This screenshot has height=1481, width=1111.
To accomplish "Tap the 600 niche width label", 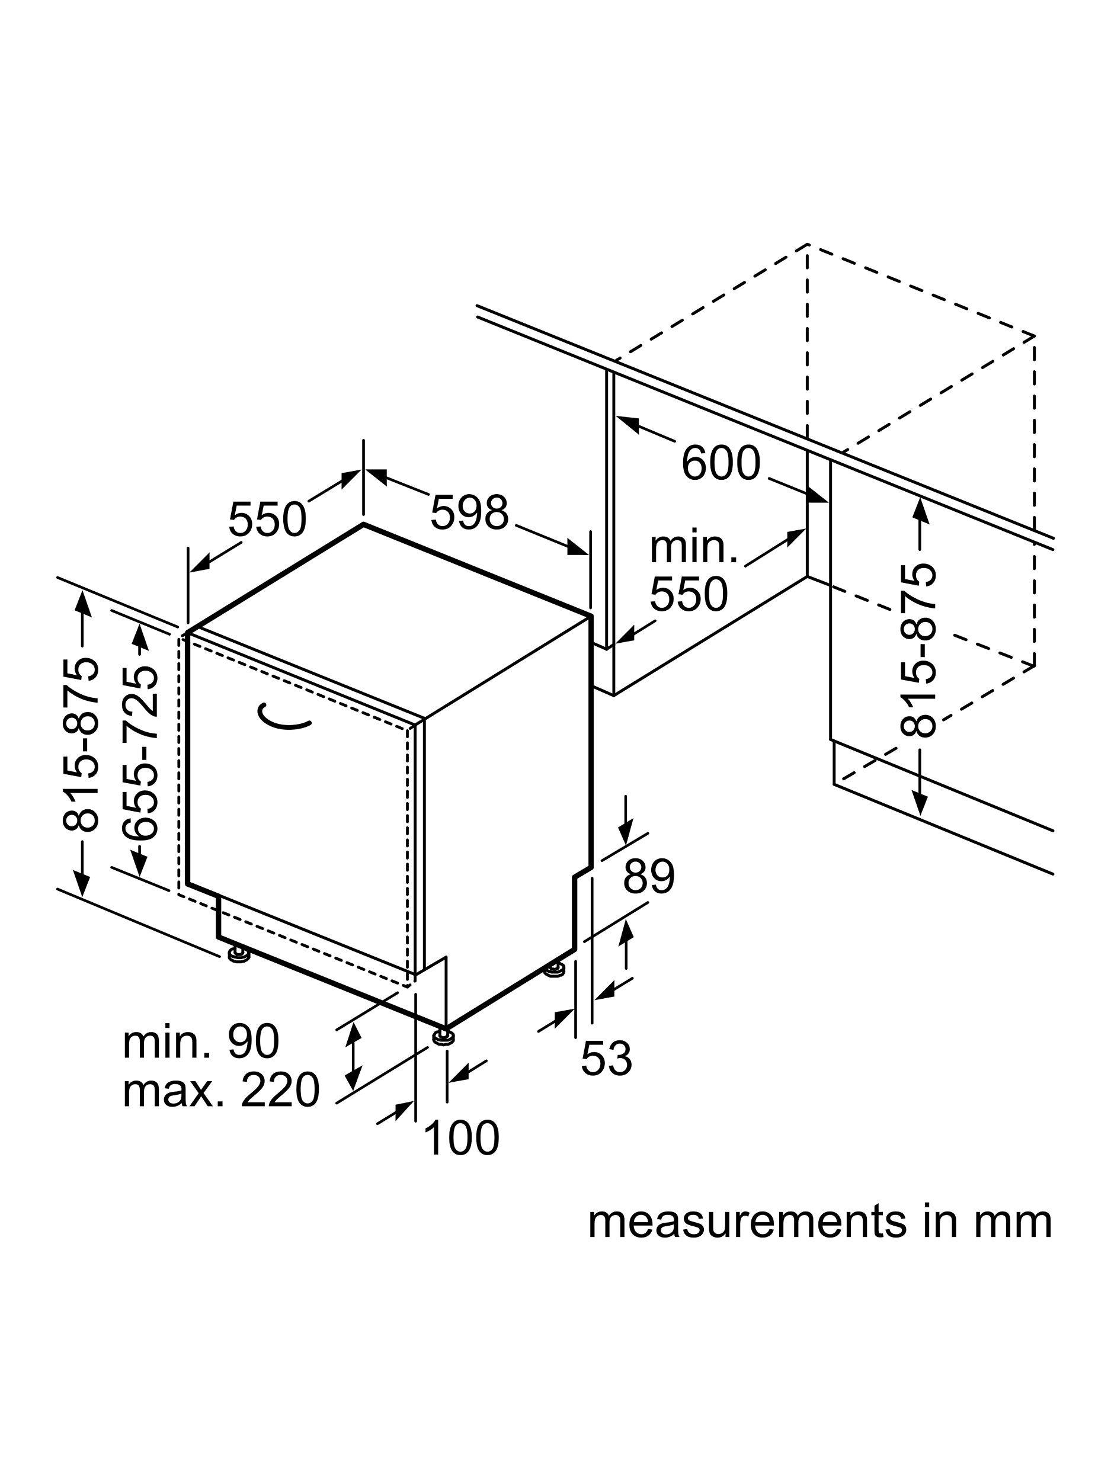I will pyautogui.click(x=721, y=463).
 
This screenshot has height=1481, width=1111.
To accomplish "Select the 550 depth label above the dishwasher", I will pyautogui.click(x=267, y=519).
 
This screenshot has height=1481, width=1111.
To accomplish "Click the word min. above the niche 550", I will pyautogui.click(x=693, y=548).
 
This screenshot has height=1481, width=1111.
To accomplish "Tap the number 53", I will pyautogui.click(x=606, y=1059).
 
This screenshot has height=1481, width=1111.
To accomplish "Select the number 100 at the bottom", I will pyautogui.click(x=462, y=1137).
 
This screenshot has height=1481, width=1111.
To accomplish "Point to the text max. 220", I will pyautogui.click(x=222, y=1091).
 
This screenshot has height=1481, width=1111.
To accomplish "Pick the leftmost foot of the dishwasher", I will pyautogui.click(x=237, y=954).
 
